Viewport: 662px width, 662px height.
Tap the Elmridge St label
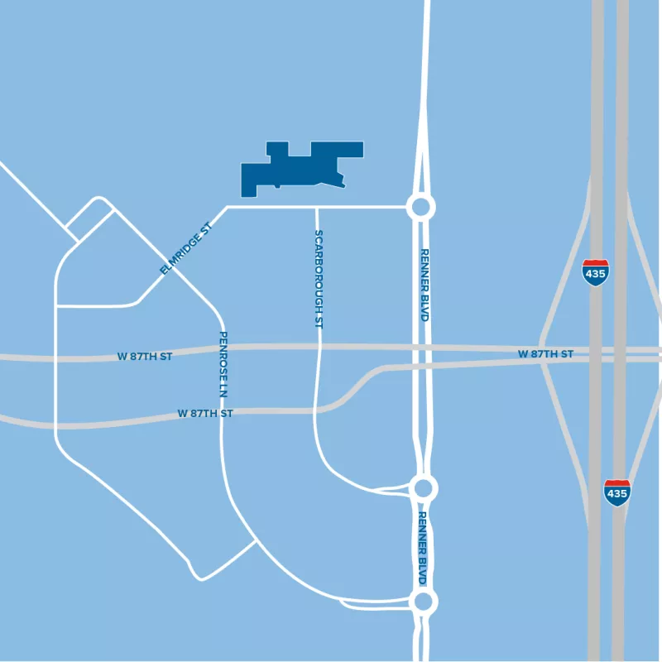click(x=186, y=247)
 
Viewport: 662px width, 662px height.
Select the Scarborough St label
click(x=319, y=280)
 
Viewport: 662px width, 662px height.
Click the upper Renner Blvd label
click(x=425, y=285)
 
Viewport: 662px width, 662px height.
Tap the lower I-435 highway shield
click(x=616, y=492)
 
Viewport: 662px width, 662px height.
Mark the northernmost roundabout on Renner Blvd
click(x=420, y=207)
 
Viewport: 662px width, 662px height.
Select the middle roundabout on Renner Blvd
click(x=424, y=487)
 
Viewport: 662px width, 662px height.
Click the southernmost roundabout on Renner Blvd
click(x=424, y=601)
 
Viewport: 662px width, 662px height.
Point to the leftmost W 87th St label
click(x=145, y=357)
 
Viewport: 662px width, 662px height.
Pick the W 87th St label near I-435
click(x=545, y=354)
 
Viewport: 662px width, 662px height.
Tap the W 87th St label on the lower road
click(x=205, y=412)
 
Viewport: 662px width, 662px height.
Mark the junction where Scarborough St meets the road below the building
click(x=317, y=207)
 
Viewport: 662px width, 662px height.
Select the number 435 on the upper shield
click(x=594, y=274)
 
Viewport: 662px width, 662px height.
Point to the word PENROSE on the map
click(x=223, y=351)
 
